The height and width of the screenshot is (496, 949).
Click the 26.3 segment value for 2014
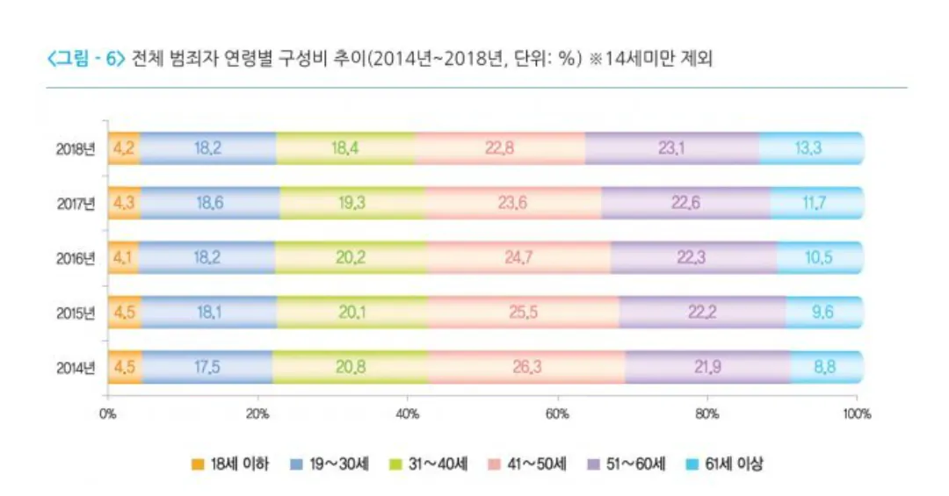coord(526,367)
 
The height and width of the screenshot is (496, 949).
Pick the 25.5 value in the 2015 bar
coord(524,313)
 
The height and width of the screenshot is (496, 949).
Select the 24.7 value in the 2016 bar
coord(518,258)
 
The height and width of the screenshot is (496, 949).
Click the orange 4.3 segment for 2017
coord(123,204)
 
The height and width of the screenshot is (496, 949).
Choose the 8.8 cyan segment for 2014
coord(824,367)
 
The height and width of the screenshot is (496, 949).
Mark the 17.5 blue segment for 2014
coord(207,367)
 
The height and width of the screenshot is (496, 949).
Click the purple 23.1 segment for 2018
coord(671,148)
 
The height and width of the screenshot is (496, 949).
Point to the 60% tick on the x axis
coord(556,413)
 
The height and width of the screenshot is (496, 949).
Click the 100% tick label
coord(855,413)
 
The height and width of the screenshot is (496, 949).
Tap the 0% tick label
coord(107,413)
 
